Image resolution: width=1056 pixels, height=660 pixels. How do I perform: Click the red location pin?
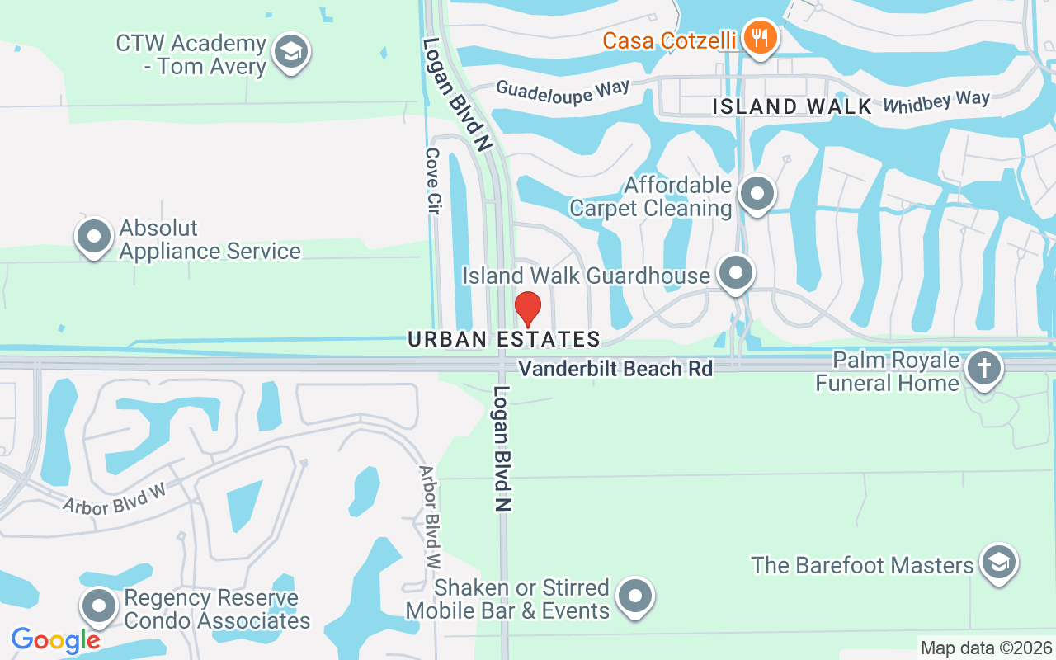pyautogui.click(x=528, y=309)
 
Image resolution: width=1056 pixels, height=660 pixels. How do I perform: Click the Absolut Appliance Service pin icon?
pyautogui.click(x=94, y=237)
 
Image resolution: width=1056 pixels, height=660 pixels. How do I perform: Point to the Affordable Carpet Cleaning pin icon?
pyautogui.click(x=757, y=195)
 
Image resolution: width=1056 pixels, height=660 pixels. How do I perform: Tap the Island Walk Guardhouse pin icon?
pyautogui.click(x=735, y=273)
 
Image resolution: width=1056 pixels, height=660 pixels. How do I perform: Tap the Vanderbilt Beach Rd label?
pyautogui.click(x=616, y=369)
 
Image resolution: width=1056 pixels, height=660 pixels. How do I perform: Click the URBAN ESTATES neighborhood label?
pyautogui.click(x=504, y=339)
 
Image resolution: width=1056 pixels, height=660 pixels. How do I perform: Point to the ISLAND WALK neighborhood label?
pyautogui.click(x=792, y=106)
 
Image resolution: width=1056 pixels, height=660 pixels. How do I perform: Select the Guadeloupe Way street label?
pyautogui.click(x=563, y=91)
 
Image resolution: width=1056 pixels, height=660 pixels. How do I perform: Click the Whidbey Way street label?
pyautogui.click(x=936, y=102)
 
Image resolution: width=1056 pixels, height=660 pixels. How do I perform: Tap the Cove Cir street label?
pyautogui.click(x=431, y=181)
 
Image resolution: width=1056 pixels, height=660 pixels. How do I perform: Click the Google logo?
pyautogui.click(x=56, y=639)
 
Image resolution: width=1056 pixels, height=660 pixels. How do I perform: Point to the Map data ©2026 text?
pyautogui.click(x=987, y=648)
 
